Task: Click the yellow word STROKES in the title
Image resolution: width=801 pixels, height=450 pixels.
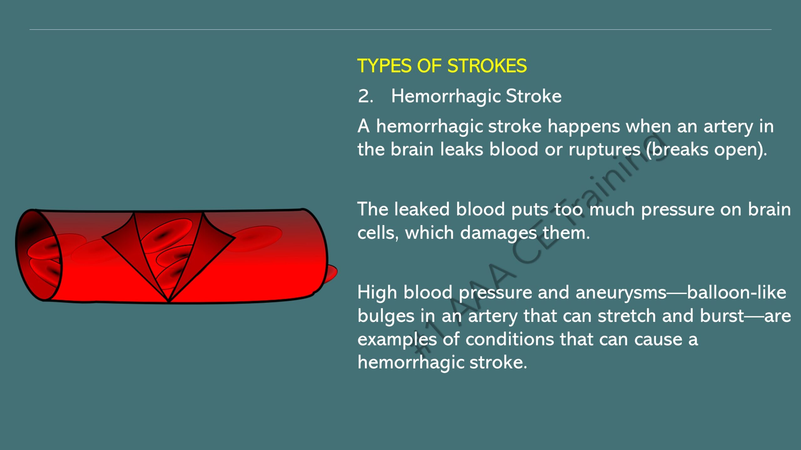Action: [487, 66]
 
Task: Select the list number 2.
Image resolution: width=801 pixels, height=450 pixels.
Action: [365, 96]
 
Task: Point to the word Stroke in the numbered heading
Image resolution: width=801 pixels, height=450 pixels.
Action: [533, 96]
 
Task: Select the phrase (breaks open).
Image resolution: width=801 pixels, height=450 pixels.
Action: [707, 150]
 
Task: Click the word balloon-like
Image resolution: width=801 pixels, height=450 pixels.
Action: [737, 292]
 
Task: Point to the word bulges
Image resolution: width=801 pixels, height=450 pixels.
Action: [386, 317]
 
